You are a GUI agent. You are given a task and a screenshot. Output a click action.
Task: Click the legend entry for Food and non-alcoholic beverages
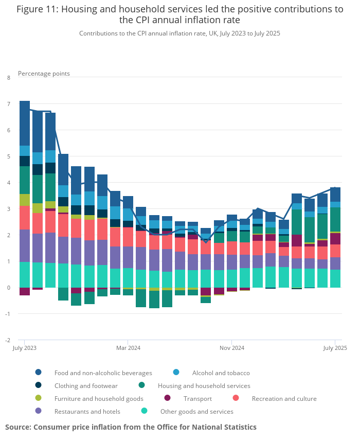[103, 373]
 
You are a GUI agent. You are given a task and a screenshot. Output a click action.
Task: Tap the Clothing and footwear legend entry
[86, 385]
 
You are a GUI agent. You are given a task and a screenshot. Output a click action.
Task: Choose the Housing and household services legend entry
[204, 385]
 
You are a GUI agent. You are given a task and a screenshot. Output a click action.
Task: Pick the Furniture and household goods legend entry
[99, 398]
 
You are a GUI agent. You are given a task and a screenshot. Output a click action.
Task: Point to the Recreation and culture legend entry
[284, 398]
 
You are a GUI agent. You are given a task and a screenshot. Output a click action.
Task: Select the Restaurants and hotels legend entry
[87, 411]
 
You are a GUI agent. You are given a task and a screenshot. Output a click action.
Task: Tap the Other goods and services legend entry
[196, 411]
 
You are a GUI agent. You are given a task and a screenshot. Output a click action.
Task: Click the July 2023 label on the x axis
[24, 348]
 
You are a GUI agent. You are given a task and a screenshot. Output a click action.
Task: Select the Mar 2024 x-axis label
[128, 348]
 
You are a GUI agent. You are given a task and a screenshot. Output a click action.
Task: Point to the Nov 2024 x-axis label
[232, 348]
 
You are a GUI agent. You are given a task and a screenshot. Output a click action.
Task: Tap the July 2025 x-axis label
[335, 348]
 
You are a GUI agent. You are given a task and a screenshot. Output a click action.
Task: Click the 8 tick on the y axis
[8, 78]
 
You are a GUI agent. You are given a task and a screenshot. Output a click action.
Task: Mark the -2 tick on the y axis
[8, 340]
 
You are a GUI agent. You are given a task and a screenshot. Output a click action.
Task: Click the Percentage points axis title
[44, 74]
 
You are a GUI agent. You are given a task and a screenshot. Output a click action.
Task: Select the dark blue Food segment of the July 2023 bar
[25, 124]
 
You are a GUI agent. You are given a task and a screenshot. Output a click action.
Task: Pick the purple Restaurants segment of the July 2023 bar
[25, 245]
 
